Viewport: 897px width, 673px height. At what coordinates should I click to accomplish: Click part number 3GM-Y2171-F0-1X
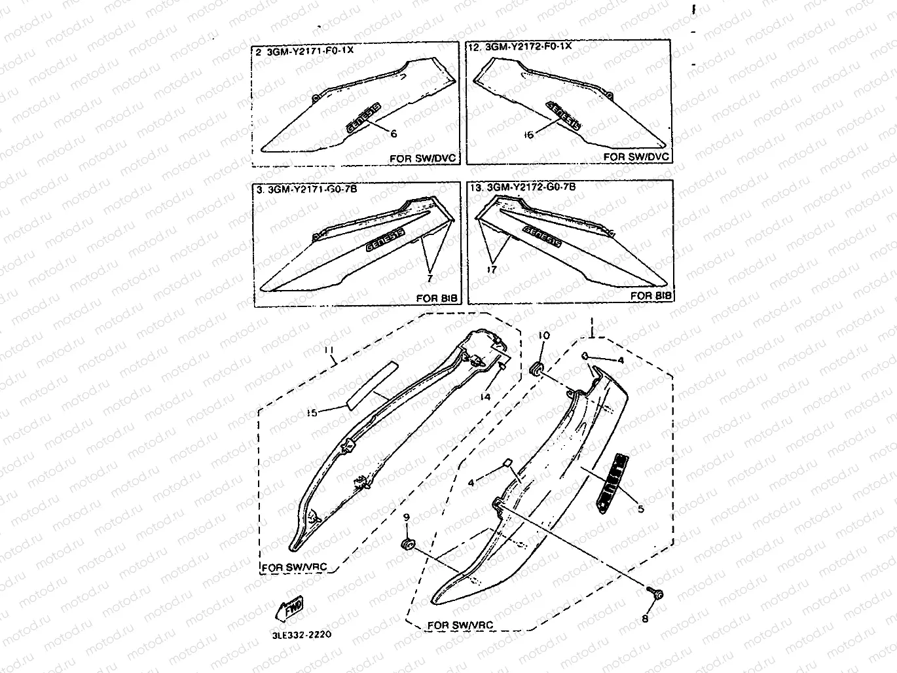click(x=310, y=50)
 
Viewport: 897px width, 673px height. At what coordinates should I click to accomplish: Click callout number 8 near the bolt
click(x=645, y=618)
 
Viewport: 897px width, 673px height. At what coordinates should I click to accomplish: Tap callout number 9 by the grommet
click(x=407, y=517)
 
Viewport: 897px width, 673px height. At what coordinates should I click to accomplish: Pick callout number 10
click(x=544, y=336)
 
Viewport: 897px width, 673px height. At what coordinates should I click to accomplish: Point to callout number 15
click(x=312, y=412)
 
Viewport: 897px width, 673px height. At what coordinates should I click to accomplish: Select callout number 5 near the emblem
click(x=640, y=509)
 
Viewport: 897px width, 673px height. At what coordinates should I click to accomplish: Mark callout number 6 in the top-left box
click(x=394, y=134)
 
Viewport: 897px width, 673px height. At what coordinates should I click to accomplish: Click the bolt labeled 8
click(x=657, y=594)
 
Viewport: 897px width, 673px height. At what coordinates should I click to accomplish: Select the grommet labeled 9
click(x=407, y=544)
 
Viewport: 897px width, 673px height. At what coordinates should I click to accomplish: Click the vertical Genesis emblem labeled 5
click(x=610, y=482)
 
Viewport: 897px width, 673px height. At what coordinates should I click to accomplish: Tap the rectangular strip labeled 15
click(x=371, y=385)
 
